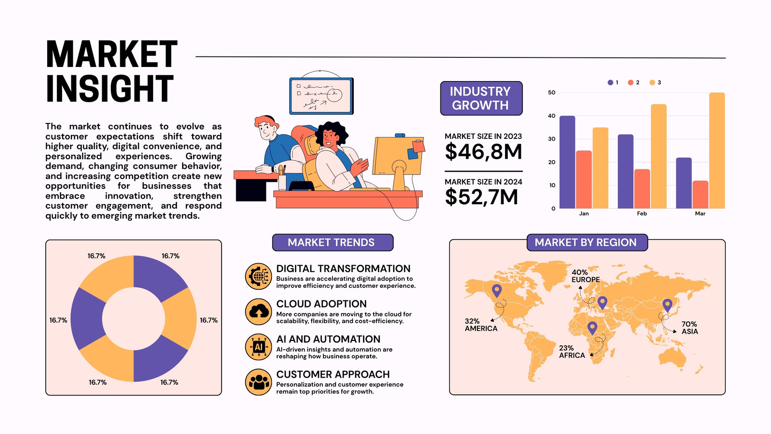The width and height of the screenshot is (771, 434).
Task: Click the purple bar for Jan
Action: click(567, 162)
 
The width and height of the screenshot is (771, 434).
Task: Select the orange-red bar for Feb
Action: click(642, 189)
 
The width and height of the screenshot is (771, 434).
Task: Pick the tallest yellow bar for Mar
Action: click(717, 150)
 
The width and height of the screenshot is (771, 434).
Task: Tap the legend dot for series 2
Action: click(631, 82)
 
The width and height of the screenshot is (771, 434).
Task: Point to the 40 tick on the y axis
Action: click(552, 116)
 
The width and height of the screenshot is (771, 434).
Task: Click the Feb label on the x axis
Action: click(642, 214)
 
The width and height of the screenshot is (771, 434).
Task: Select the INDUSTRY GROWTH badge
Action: click(481, 98)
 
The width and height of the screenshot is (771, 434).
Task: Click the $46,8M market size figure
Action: click(483, 152)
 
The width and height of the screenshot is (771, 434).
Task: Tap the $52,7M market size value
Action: click(481, 197)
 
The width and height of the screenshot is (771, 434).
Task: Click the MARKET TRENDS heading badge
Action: click(332, 243)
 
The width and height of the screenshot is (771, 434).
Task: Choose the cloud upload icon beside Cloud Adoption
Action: click(258, 312)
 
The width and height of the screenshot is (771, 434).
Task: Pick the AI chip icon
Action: click(258, 347)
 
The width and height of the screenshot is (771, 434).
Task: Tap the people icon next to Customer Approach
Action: click(258, 382)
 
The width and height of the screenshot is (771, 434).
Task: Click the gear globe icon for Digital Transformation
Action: click(258, 276)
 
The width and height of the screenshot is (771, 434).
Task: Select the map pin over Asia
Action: click(667, 306)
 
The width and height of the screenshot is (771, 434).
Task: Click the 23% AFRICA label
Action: click(572, 352)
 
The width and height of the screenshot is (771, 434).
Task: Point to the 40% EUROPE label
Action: click(585, 276)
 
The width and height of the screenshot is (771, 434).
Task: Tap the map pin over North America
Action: click(497, 291)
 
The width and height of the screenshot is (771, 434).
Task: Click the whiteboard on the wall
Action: click(321, 96)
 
